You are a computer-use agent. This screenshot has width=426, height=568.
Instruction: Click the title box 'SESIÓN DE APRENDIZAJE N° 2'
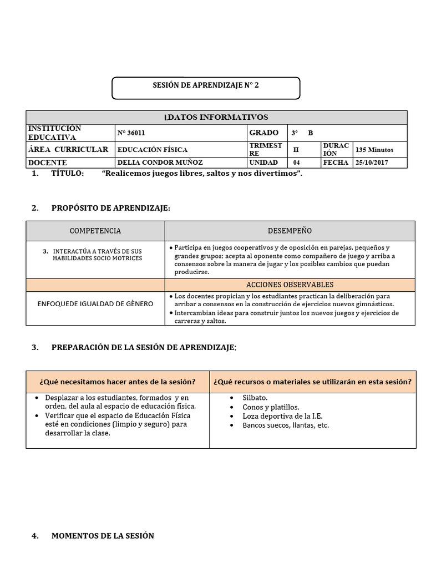click(206, 87)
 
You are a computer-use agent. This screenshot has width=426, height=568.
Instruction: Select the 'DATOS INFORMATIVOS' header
click(216, 117)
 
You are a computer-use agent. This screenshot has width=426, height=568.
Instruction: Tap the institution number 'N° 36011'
click(131, 133)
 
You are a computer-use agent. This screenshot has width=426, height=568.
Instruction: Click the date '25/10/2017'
click(372, 163)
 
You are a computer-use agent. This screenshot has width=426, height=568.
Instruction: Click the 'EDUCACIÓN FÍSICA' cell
click(153, 149)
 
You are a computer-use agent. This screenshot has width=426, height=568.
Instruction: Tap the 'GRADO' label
click(264, 133)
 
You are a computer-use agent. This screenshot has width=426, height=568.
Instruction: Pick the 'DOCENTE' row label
click(47, 163)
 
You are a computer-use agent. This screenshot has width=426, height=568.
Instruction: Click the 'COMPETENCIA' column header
click(95, 231)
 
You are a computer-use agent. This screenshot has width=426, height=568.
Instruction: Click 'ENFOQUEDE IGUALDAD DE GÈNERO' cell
click(95, 304)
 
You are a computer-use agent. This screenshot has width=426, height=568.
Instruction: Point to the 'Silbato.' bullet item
click(255, 398)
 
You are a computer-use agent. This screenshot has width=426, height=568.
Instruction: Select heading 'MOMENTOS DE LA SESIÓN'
click(103, 536)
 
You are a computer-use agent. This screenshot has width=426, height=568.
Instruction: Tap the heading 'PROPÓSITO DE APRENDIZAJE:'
click(111, 208)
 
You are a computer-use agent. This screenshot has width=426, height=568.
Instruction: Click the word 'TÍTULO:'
click(67, 174)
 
